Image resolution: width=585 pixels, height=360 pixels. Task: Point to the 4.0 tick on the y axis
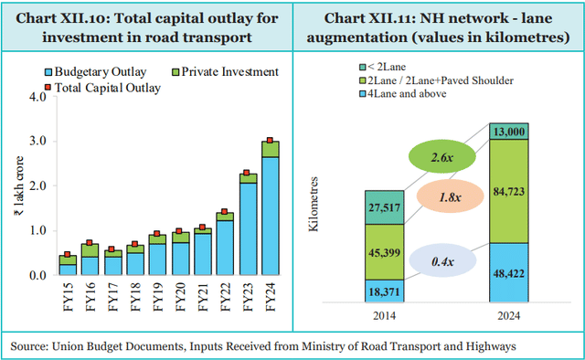pyautogui.click(x=38, y=97)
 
